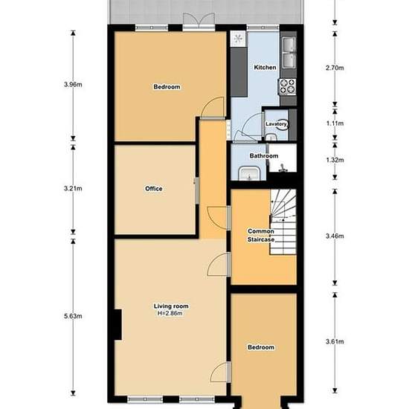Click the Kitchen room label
point(265,67)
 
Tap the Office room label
point(154,189)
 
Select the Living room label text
point(171,306)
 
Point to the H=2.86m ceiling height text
point(170,313)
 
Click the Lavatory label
point(276,124)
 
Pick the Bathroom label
point(264,156)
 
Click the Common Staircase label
point(261,235)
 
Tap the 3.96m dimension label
point(73,85)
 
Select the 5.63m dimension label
point(73,316)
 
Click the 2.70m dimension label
point(335,68)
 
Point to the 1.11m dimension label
point(335,123)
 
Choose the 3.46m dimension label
point(335,236)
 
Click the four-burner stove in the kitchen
point(287,86)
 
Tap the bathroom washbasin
point(249,173)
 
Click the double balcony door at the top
point(199,22)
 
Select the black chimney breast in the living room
point(118,325)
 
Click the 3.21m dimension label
point(73,188)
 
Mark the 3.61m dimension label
point(335,341)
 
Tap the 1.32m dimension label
point(335,160)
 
